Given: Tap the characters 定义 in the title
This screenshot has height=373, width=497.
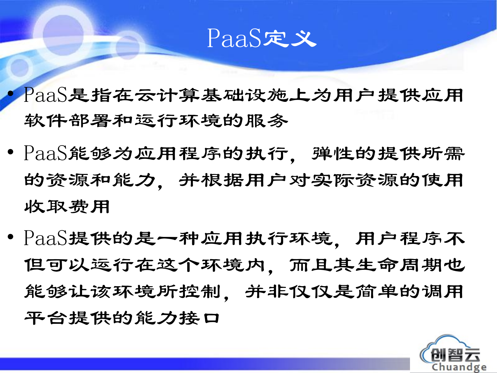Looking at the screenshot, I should click(290, 39).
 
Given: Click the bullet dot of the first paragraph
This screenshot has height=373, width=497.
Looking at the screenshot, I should click(10, 94).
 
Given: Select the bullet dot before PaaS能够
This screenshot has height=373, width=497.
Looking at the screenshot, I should click(10, 152).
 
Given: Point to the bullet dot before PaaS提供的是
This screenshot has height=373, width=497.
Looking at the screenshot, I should click(10, 237).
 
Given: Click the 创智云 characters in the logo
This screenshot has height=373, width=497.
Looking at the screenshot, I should click(455, 355).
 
